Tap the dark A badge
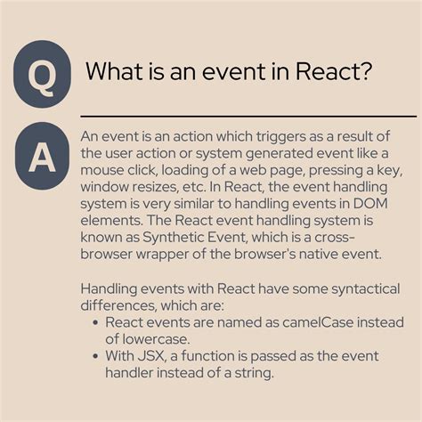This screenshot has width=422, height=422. (42, 157)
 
